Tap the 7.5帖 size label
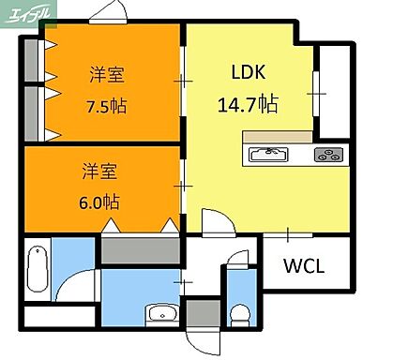(106, 105)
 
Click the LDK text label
(249, 70)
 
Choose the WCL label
(304, 265)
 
